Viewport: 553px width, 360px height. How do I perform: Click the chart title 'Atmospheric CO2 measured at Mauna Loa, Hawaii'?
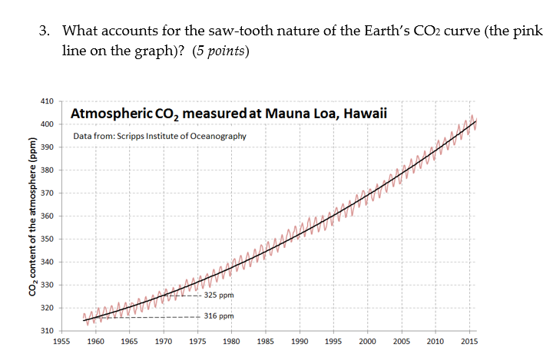click(228, 114)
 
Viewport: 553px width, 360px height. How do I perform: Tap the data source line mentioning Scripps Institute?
click(160, 136)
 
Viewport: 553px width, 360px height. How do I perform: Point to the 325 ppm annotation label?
click(219, 295)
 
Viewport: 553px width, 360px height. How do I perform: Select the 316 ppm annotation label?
click(219, 316)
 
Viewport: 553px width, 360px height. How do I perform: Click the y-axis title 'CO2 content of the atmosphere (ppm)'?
click(33, 216)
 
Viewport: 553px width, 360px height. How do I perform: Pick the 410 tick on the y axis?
click(46, 101)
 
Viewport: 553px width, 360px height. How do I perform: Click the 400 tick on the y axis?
click(46, 124)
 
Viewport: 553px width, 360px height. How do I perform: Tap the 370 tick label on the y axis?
click(46, 193)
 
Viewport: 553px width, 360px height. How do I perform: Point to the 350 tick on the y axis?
click(46, 239)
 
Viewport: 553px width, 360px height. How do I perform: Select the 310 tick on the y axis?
click(46, 331)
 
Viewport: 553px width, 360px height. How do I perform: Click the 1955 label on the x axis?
click(62, 341)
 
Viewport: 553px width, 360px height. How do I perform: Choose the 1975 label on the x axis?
click(197, 341)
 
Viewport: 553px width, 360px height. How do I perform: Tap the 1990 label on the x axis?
click(300, 341)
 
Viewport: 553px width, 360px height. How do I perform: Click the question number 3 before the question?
click(45, 31)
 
